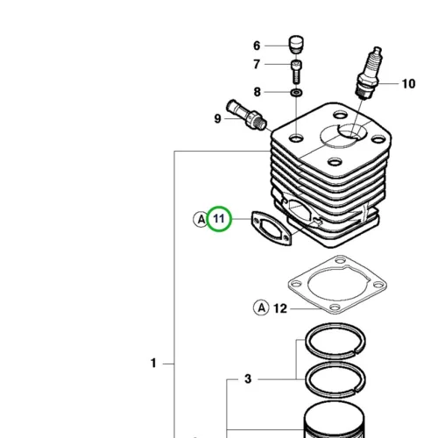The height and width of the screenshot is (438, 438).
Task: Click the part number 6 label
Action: coord(257,46)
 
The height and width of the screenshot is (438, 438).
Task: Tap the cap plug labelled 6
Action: coord(296,45)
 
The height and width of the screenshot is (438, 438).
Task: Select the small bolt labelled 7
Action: coord(296,72)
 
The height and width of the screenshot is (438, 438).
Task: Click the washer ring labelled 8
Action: coord(296,93)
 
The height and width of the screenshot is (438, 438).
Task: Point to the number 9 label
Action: coord(217,118)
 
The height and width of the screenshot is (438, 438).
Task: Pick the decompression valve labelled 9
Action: coord(247,116)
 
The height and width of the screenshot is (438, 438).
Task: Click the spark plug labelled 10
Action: coord(369,73)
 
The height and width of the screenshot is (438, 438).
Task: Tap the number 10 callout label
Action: coord(408,84)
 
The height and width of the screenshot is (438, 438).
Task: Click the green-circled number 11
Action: coord(219,219)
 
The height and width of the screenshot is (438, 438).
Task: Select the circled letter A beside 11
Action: coord(201,219)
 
